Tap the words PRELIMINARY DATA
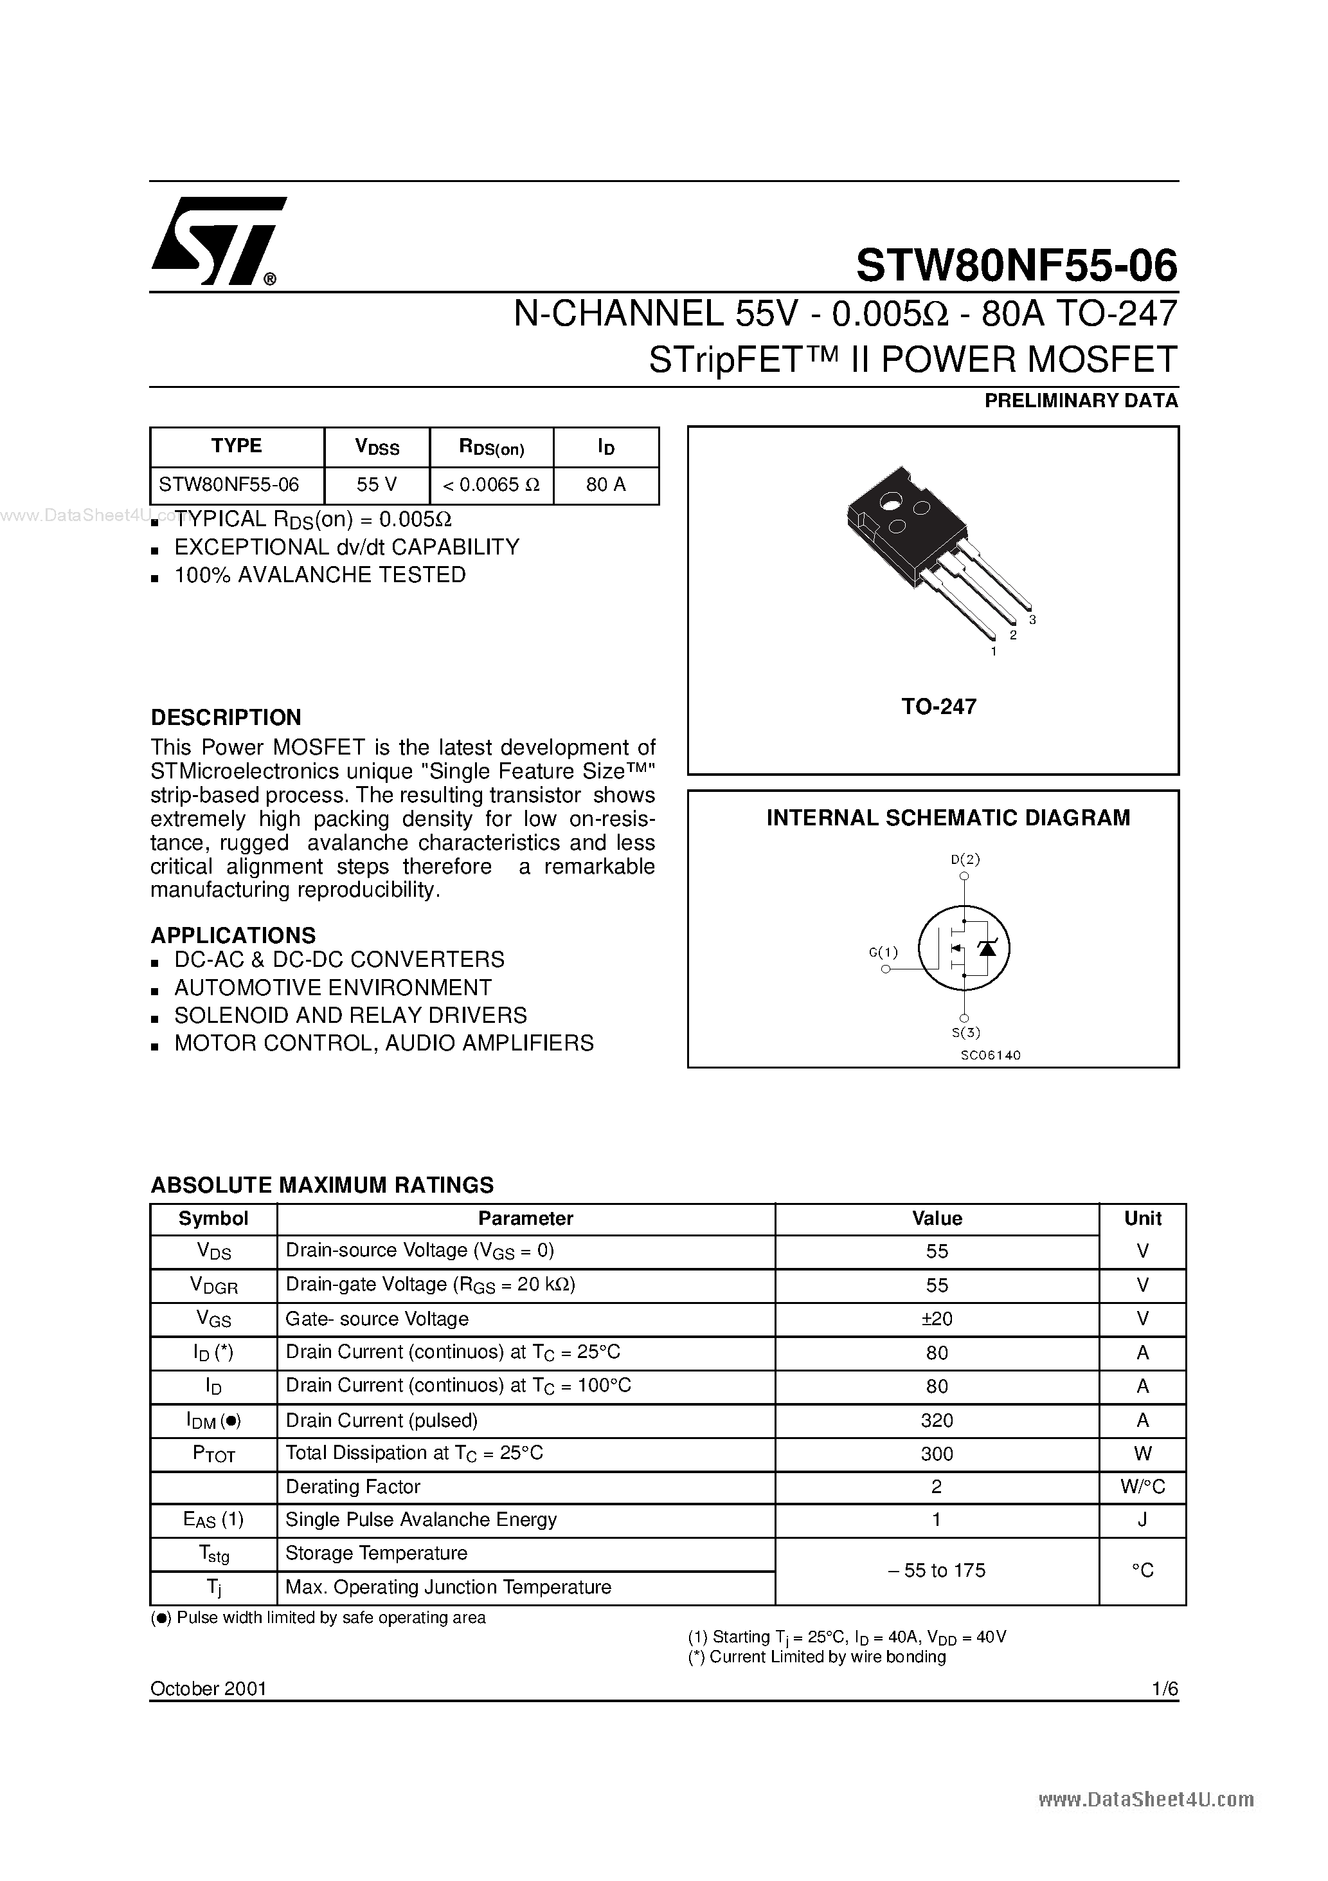tap(1081, 401)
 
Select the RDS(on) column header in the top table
tap(491, 447)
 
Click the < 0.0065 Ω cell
tap(491, 485)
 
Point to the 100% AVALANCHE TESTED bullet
tap(319, 575)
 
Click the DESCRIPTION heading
tap(226, 718)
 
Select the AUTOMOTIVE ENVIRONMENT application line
tap(332, 987)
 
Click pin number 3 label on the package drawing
tap(1032, 620)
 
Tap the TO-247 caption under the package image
tap(938, 707)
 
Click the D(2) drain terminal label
tap(965, 859)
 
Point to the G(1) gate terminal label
tap(883, 952)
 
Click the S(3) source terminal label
tap(965, 1032)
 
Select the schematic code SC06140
tap(991, 1055)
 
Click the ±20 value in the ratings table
tap(937, 1319)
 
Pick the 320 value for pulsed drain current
tap(937, 1420)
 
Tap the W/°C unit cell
tap(1142, 1487)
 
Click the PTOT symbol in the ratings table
tap(213, 1454)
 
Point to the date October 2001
tap(209, 1689)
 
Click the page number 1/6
tap(1163, 1689)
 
